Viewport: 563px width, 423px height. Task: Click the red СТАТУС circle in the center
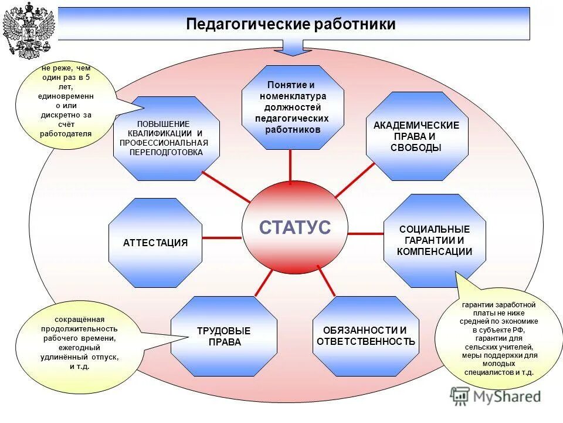pos(294,227)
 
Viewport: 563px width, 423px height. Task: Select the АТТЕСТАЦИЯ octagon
pos(155,243)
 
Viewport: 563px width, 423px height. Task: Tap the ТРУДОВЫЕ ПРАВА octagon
pos(224,336)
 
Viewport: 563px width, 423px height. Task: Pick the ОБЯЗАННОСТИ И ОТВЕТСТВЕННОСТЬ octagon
pos(366,336)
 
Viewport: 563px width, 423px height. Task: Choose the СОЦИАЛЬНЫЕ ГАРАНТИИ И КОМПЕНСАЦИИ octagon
pos(434,240)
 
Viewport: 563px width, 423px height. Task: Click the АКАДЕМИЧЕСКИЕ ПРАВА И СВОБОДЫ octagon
pos(417,136)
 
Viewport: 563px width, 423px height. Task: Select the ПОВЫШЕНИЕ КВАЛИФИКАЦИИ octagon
pos(167,139)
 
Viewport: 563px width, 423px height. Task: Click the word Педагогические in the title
pos(247,24)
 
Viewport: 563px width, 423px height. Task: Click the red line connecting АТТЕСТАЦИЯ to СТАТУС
pos(222,238)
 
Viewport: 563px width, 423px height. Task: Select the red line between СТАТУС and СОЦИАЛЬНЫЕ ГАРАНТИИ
pos(365,234)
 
